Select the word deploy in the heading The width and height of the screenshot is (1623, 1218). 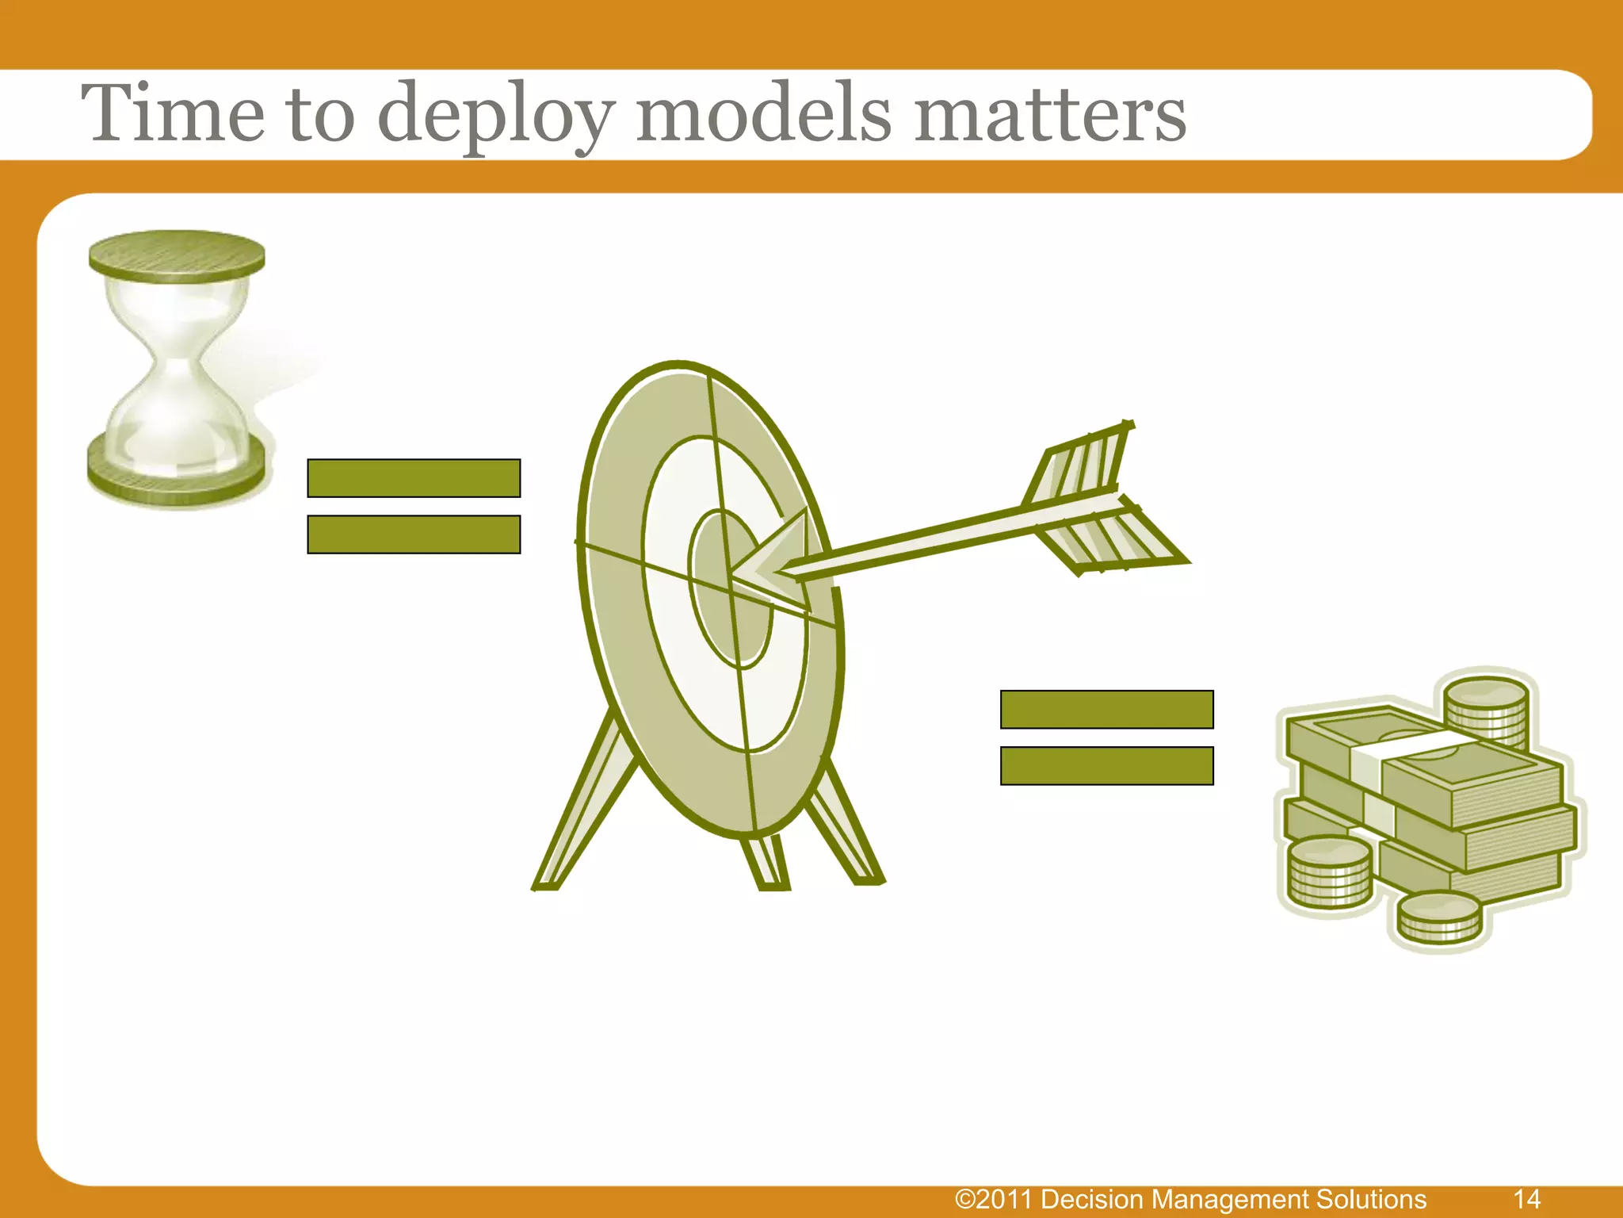coord(495,115)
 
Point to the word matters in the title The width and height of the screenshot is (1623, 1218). coord(1049,115)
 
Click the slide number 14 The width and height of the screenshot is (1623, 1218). coord(1526,1198)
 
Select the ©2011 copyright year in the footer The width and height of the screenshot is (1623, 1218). coord(995,1199)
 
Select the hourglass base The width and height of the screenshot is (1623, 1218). coord(177,472)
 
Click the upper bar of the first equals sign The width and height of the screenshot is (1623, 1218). coord(414,478)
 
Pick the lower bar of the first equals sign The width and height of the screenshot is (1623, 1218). coord(414,534)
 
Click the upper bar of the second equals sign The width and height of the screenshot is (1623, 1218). coord(1106,709)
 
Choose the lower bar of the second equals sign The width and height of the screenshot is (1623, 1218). coord(1106,766)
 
